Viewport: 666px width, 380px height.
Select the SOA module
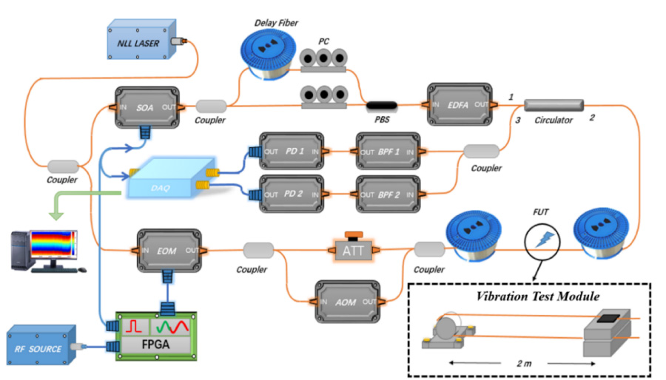(x=148, y=108)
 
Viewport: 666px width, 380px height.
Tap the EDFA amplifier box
(x=460, y=104)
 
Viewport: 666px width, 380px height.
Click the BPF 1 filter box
(x=387, y=152)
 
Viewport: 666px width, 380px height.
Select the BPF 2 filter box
(x=387, y=194)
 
